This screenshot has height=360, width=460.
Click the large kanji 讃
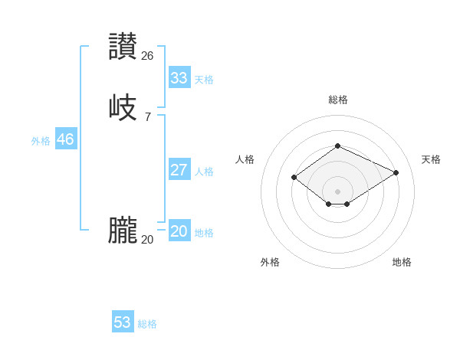pos(123,47)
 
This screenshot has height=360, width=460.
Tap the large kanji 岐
pos(123,107)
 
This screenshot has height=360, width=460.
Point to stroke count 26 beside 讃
pos(148,56)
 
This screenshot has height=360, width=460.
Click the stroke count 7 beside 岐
pos(148,116)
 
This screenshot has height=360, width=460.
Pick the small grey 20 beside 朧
pos(148,240)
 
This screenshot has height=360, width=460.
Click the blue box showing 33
pos(179,78)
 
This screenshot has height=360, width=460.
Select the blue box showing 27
pos(179,170)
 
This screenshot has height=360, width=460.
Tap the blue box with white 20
pos(179,231)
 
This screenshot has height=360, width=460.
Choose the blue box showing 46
pos(66,139)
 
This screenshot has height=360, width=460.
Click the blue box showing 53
pos(123,322)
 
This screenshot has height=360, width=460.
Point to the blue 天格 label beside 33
pos(204,80)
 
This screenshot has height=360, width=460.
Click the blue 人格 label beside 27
pos(204,172)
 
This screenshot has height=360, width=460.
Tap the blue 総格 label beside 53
pos(147,324)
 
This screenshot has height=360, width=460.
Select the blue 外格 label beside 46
pos(41,141)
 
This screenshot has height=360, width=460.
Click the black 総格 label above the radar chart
pos(338,100)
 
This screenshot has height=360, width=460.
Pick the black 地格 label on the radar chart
pos(402,262)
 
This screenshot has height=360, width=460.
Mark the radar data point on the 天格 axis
pos(396,172)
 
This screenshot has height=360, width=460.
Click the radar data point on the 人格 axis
pos(294,178)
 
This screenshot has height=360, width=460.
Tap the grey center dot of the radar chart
pos(338,191)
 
